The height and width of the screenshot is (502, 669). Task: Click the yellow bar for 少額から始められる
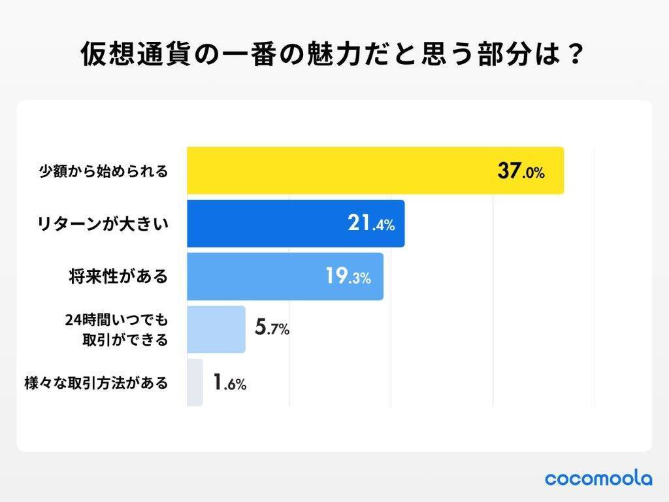point(375,171)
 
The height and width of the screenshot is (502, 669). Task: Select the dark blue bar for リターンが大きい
point(295,224)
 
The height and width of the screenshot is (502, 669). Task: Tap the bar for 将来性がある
point(285,276)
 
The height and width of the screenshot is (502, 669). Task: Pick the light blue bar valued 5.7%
point(216,329)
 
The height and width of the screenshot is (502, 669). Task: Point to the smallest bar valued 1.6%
point(195,382)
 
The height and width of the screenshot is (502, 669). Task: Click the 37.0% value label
point(521,173)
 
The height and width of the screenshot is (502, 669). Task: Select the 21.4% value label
point(370,224)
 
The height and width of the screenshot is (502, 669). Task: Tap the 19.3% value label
point(348,277)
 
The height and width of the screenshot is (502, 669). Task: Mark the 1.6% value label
point(229,383)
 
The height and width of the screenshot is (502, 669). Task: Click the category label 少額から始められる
point(102,172)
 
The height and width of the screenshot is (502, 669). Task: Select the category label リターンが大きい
point(102,224)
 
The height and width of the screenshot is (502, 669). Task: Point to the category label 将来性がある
point(118,276)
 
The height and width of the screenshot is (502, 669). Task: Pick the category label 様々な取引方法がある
point(95,383)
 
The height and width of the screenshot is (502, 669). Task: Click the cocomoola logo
point(598,478)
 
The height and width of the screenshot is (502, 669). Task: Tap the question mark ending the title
point(574,55)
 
